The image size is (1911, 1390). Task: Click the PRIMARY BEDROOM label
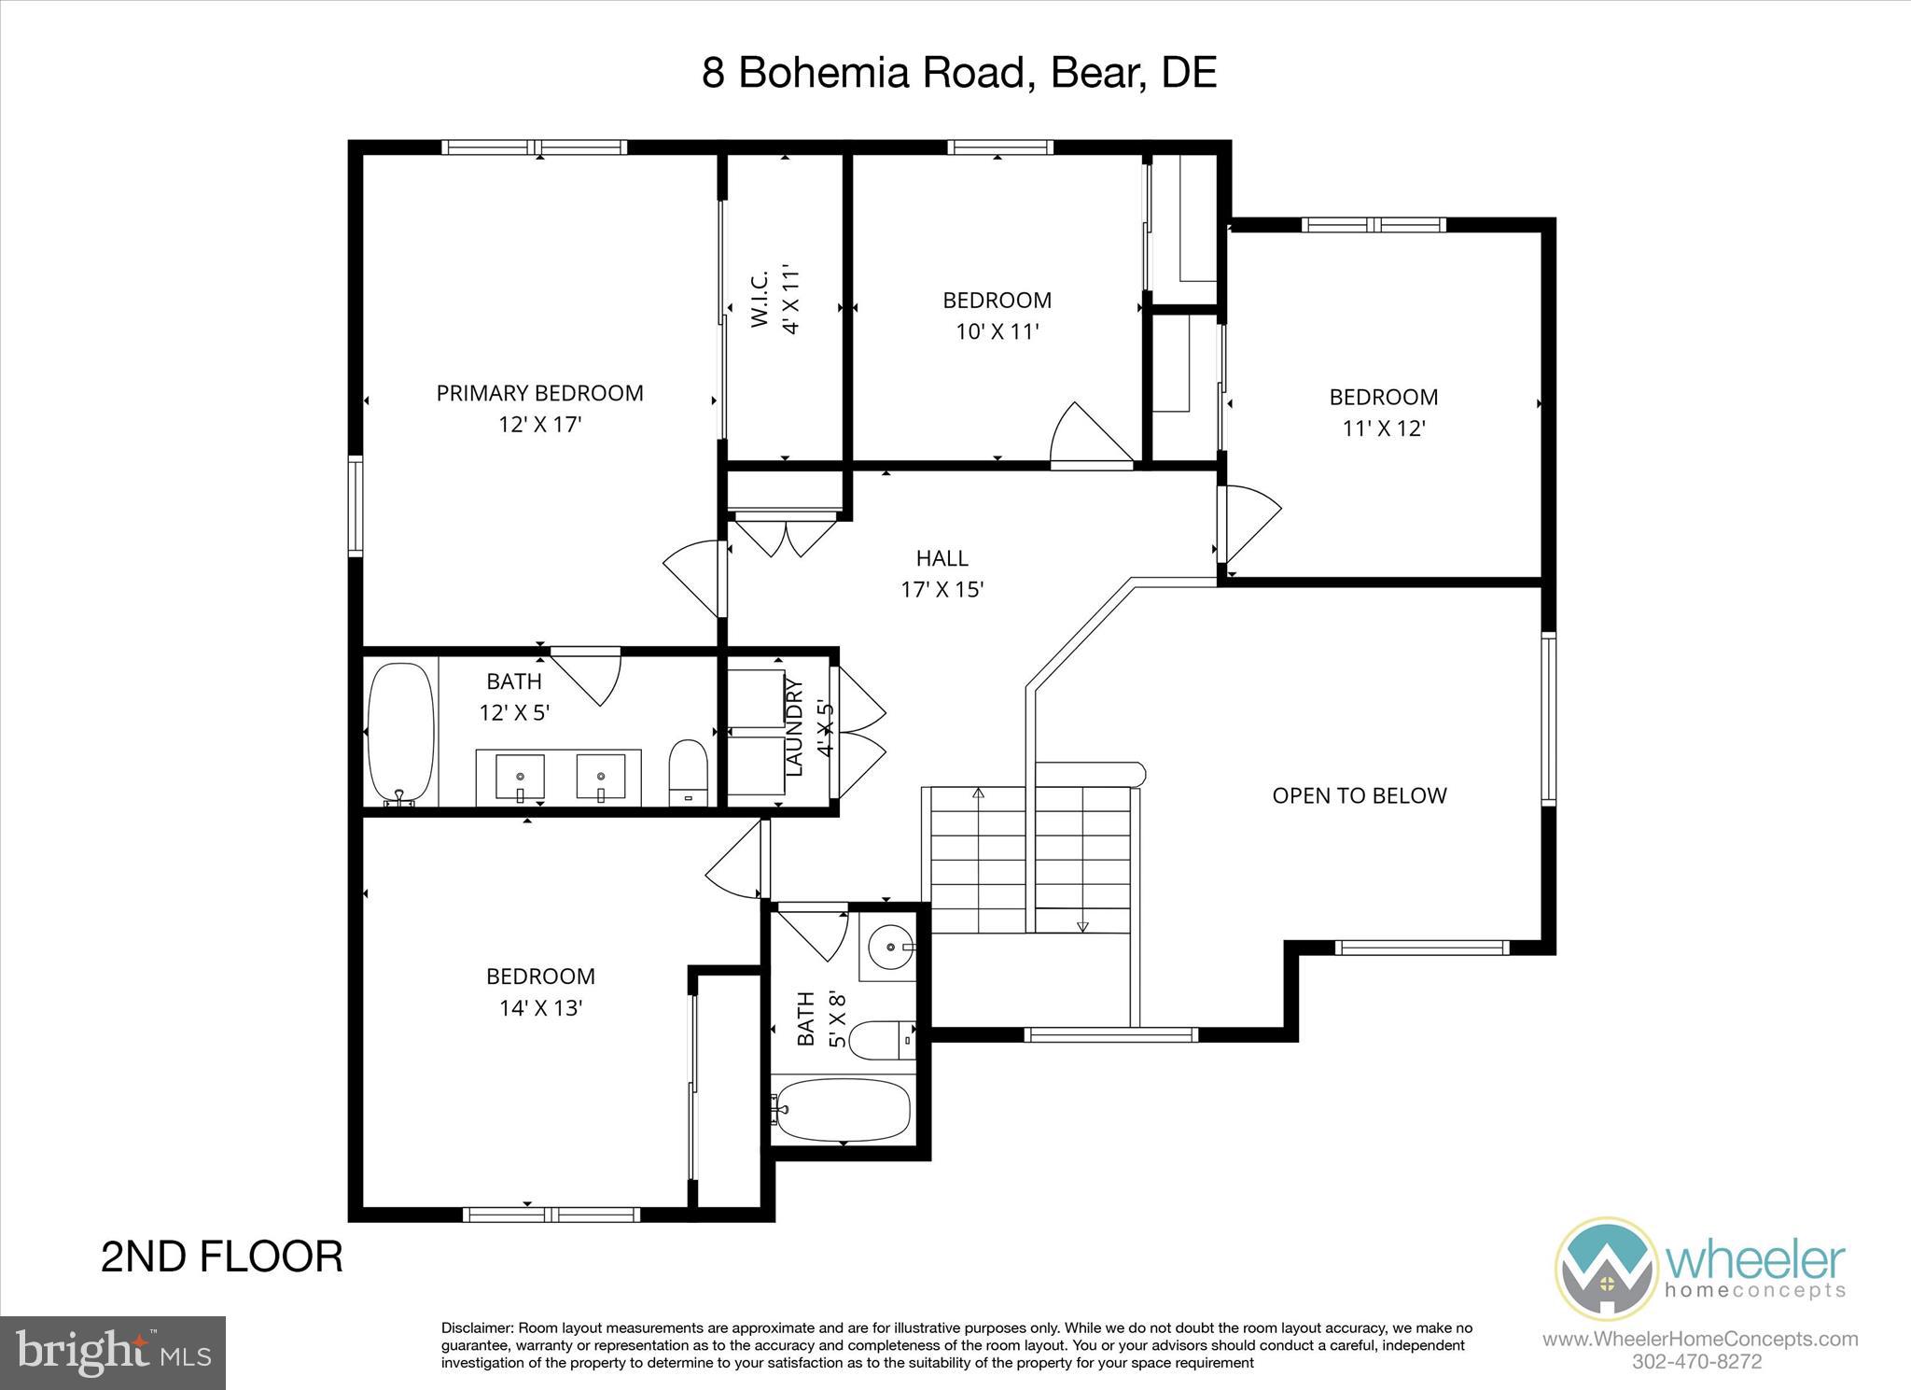(x=539, y=393)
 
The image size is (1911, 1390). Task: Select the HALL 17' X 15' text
(x=942, y=573)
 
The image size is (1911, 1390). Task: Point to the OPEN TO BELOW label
(x=1359, y=795)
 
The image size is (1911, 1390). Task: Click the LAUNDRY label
(x=795, y=727)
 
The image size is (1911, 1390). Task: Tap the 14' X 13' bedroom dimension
(x=540, y=1008)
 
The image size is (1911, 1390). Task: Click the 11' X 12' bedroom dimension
(x=1383, y=428)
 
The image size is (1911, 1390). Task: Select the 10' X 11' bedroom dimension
(x=997, y=331)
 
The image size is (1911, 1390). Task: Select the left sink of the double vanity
(x=520, y=778)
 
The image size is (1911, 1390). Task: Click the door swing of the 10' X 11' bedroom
(x=1087, y=437)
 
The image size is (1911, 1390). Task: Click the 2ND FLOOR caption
(x=221, y=1257)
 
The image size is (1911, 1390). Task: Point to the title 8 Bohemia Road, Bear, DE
(x=958, y=72)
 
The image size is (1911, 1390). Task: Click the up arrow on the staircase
(x=978, y=793)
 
